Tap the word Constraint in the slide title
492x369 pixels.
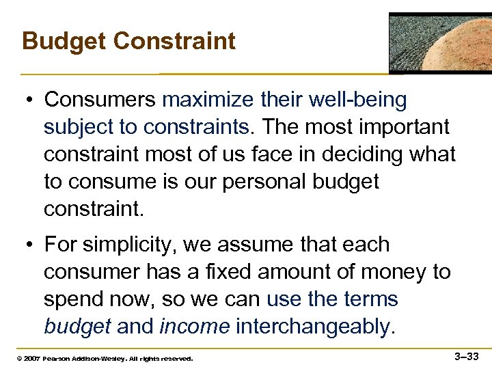pyautogui.click(x=174, y=42)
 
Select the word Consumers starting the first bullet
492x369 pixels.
pyautogui.click(x=100, y=100)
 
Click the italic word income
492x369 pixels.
pyautogui.click(x=194, y=327)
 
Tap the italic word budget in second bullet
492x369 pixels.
pyautogui.click(x=77, y=327)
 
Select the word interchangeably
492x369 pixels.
pyautogui.click(x=315, y=327)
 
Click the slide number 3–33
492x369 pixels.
pyautogui.click(x=467, y=356)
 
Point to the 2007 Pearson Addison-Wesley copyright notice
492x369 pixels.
pyautogui.click(x=100, y=358)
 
